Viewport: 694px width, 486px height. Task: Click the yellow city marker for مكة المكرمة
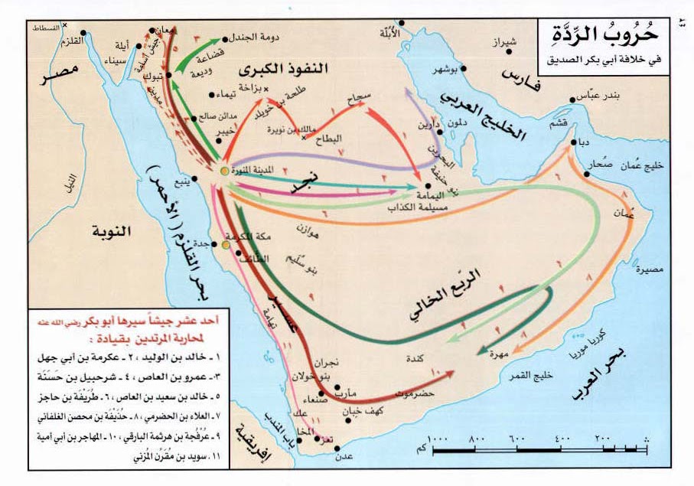[x=226, y=245]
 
